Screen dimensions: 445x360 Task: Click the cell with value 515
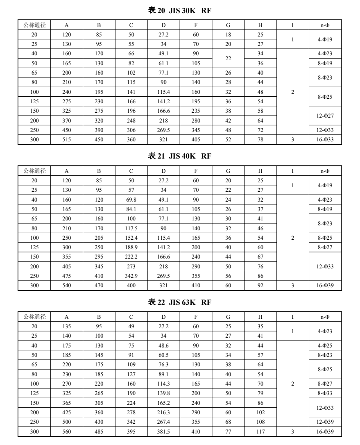[67, 139]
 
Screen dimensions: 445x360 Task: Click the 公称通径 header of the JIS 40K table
[34, 170]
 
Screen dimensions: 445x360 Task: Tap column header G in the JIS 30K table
[228, 25]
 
